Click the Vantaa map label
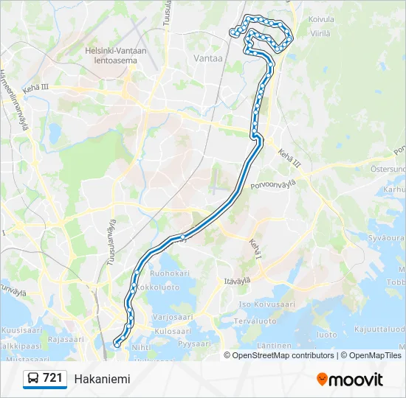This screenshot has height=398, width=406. (207, 57)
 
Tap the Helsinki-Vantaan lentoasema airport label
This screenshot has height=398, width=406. (116, 55)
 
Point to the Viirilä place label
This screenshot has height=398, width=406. (320, 33)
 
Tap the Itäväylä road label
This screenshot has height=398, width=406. (238, 280)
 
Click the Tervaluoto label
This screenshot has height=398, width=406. (255, 321)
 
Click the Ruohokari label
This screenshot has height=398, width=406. (165, 273)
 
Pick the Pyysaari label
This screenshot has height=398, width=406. (195, 343)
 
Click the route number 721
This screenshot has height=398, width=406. (52, 378)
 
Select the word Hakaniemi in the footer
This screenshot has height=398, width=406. (102, 379)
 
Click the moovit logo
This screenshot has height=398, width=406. (350, 379)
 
